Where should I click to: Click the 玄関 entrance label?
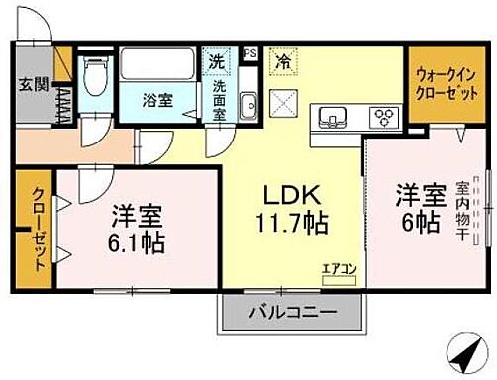tap(27, 83)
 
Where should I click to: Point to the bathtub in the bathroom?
tap(158, 67)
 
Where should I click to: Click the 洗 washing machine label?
tap(215, 61)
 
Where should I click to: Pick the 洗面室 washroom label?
tap(218, 99)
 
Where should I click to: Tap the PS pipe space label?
tap(249, 53)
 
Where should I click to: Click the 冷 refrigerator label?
tap(282, 61)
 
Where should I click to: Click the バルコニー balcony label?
tap(285, 311)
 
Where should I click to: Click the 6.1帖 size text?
tap(137, 240)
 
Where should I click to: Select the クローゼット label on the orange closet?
tap(37, 230)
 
